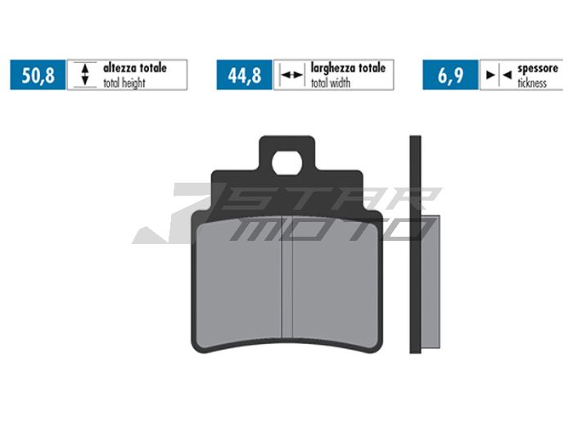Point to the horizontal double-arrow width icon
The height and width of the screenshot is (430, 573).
[291, 75]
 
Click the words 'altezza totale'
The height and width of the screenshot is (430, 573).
[134, 68]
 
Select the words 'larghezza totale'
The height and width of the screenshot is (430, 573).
[347, 68]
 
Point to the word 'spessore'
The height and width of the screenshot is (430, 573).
[537, 68]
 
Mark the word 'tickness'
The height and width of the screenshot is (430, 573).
[532, 83]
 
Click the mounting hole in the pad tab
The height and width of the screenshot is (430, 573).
[286, 162]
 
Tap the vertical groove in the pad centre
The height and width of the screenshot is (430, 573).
[286, 278]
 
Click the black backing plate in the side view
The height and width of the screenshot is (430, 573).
[415, 246]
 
